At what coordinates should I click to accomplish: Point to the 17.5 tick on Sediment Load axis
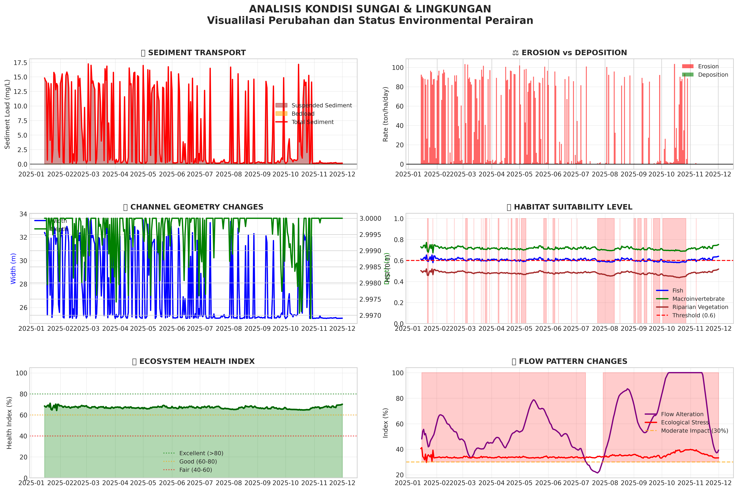[x=20, y=63]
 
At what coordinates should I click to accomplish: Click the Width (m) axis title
[x=13, y=269]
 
